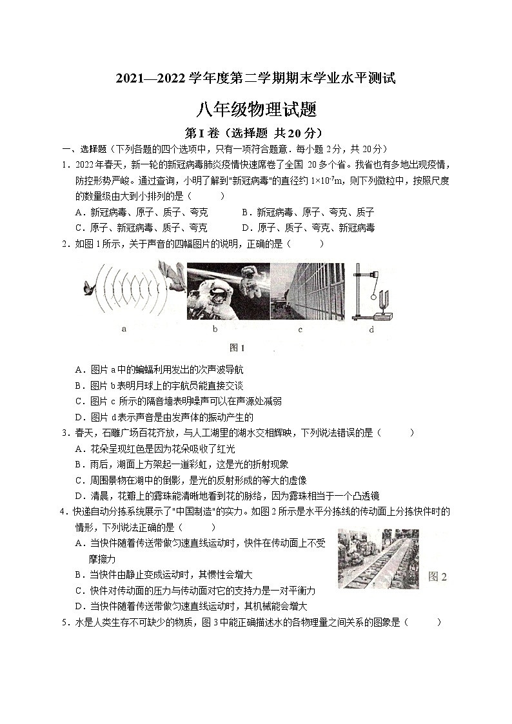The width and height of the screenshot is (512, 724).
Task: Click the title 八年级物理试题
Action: click(257, 110)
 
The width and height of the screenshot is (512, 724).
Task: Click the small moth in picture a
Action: click(88, 291)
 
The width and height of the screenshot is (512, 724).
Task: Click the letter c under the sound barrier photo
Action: click(300, 329)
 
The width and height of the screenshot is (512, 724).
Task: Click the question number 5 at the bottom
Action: click(64, 622)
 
